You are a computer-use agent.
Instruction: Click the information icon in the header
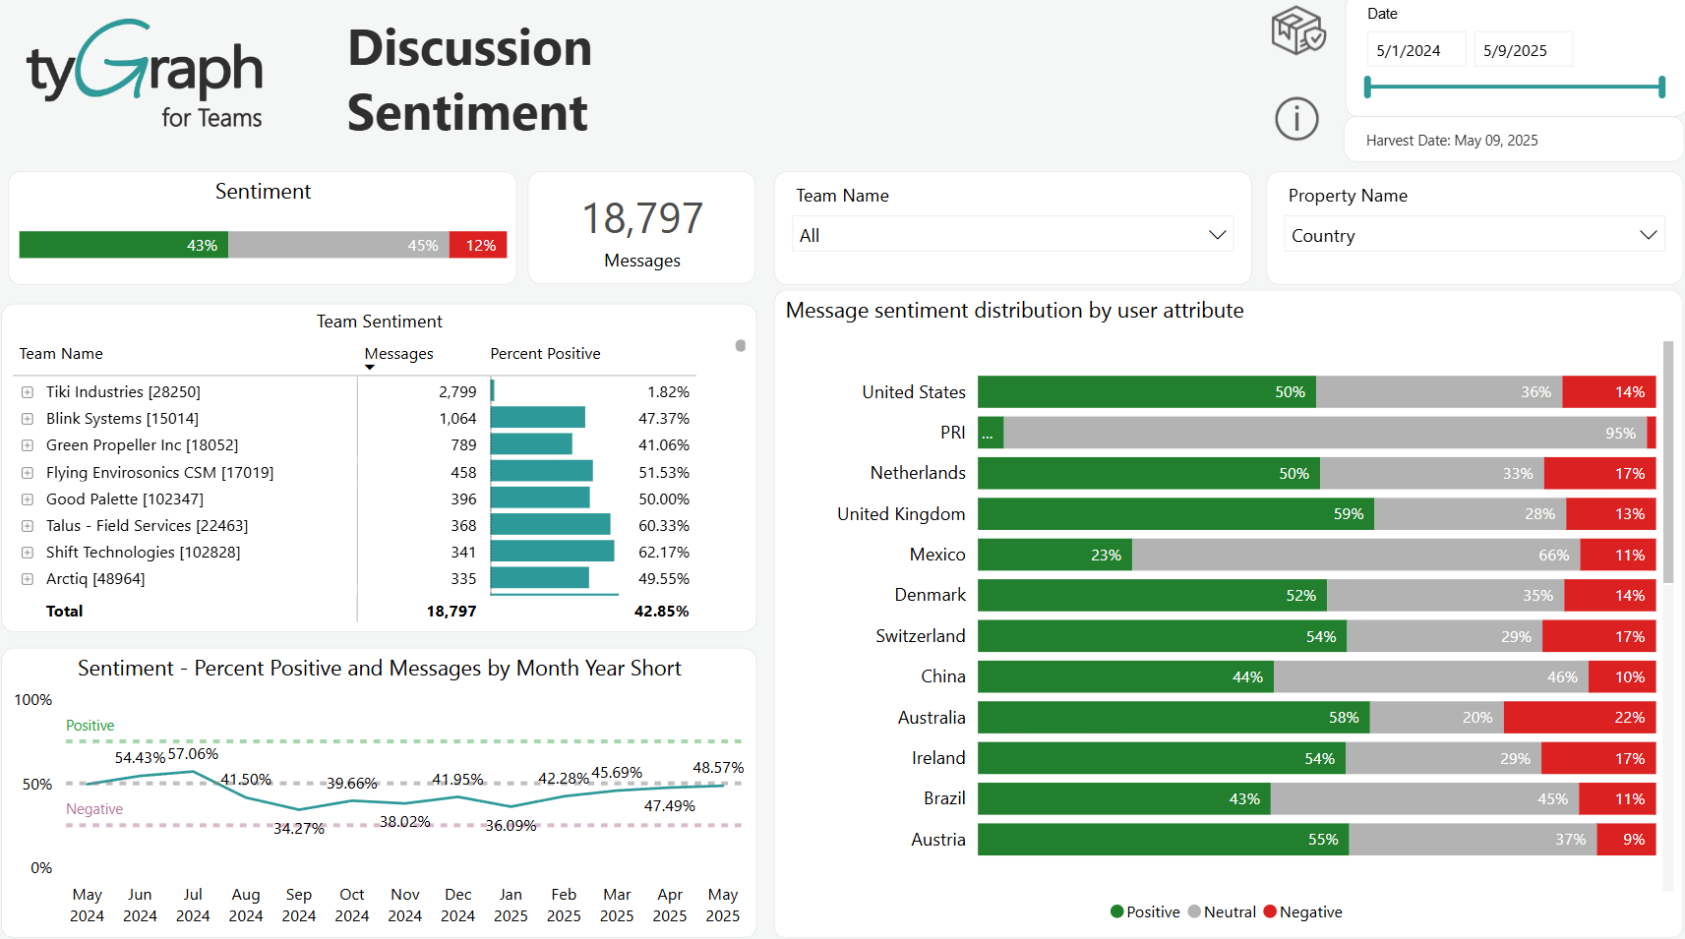(x=1296, y=119)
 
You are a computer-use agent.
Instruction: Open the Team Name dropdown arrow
(x=1217, y=235)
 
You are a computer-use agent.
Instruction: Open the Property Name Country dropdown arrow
(x=1648, y=235)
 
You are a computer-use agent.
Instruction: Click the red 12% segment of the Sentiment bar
(x=479, y=245)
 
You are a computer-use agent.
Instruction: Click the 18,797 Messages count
(x=642, y=218)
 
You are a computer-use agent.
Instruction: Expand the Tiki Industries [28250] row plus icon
(x=28, y=392)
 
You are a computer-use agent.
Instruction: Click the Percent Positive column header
(x=545, y=354)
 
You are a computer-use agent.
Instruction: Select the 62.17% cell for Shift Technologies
(x=663, y=553)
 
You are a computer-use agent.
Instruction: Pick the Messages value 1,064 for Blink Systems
(x=457, y=419)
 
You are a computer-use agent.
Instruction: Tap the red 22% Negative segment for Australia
(x=1580, y=718)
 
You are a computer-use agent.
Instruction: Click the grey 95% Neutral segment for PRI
(x=1323, y=433)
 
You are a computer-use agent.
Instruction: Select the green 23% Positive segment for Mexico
(x=1054, y=555)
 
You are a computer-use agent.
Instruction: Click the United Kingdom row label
(x=900, y=514)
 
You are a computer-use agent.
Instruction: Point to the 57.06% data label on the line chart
(x=193, y=754)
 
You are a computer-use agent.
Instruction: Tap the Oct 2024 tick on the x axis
(x=352, y=905)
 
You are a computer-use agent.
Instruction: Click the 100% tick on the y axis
(x=33, y=700)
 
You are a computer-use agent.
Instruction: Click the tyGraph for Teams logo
(x=146, y=74)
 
